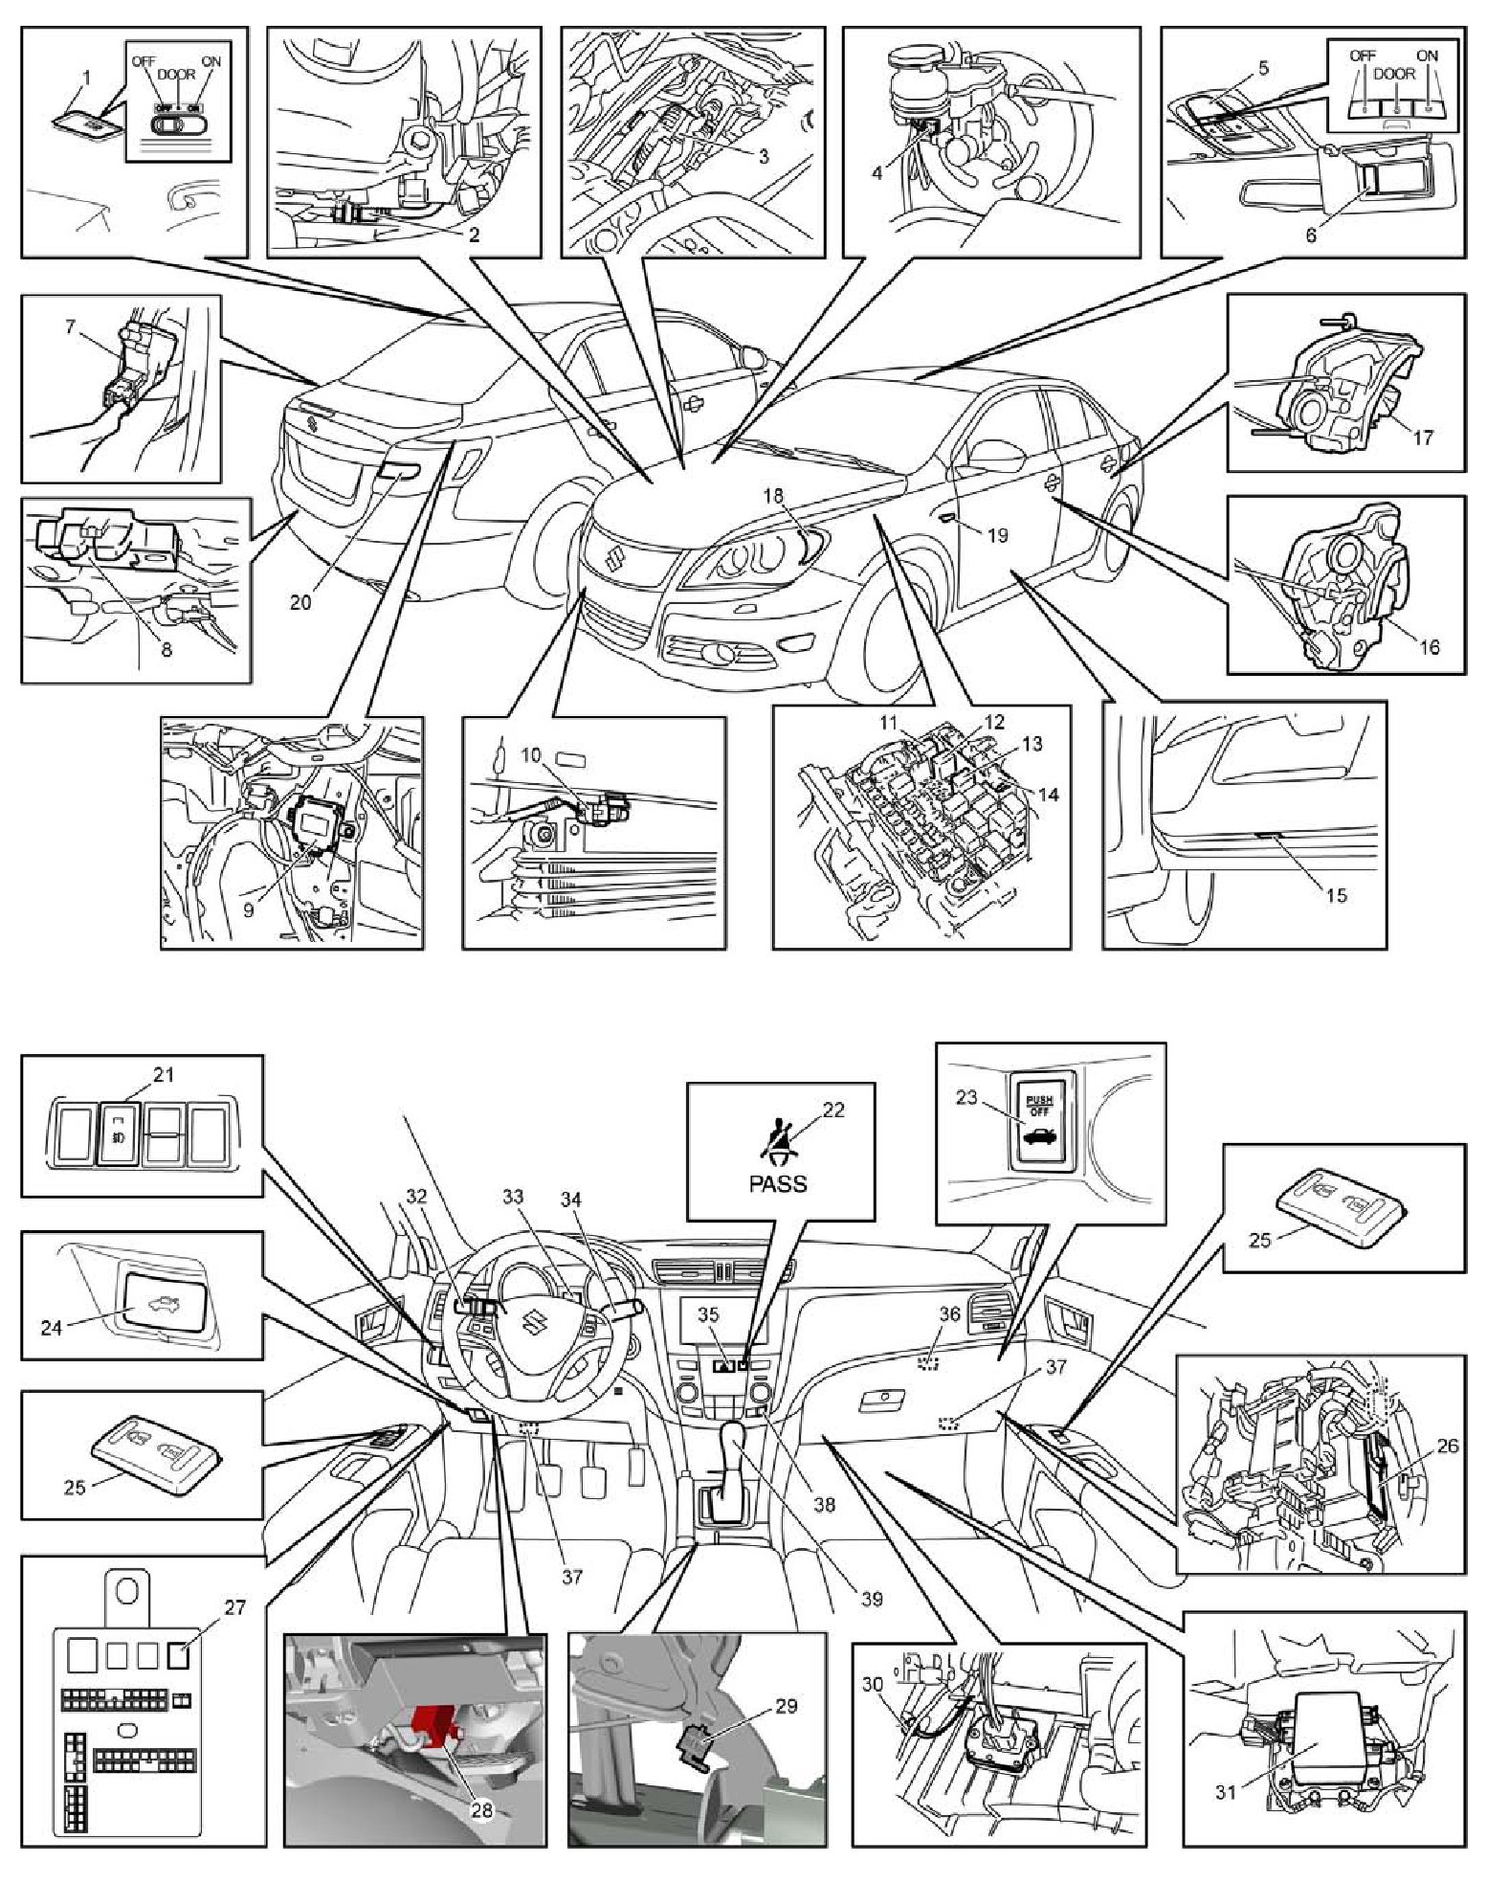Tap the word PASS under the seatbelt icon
(777, 1183)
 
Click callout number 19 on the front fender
(997, 535)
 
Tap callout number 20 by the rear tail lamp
(300, 602)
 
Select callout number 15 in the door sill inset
(1335, 894)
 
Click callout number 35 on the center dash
(708, 1314)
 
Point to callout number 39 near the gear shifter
(871, 1599)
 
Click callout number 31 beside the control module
(1226, 1792)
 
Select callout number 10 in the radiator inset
(530, 755)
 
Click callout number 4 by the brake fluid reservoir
(877, 173)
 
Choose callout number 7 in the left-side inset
(70, 326)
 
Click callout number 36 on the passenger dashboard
(948, 1313)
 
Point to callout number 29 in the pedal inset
(786, 1705)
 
